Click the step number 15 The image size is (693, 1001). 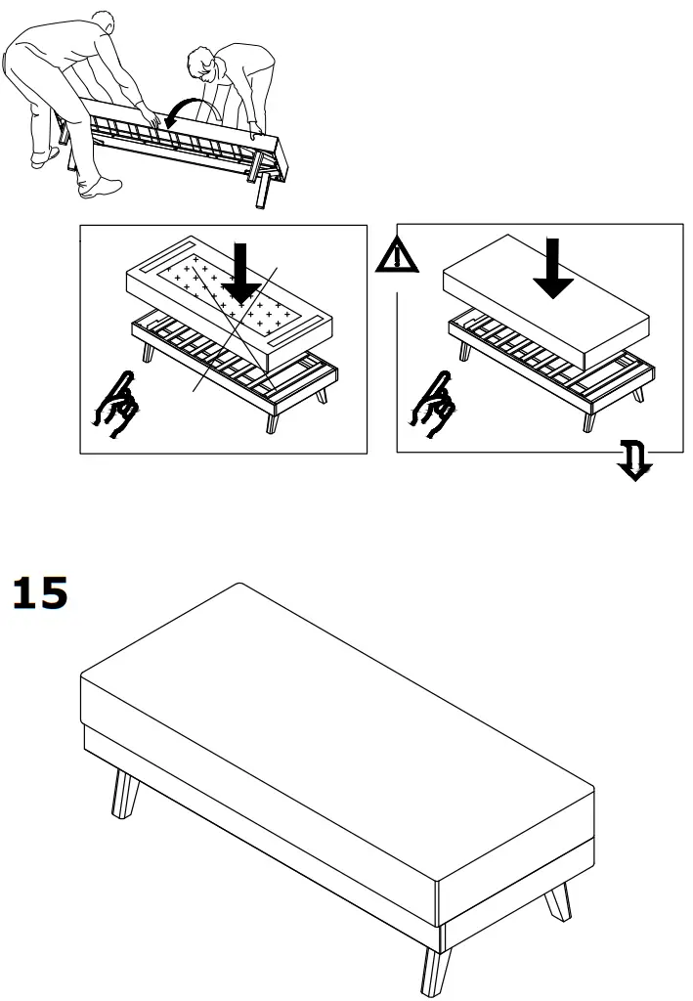[40, 593]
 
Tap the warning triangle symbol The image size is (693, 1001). [397, 256]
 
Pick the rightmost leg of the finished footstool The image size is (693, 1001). [559, 900]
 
